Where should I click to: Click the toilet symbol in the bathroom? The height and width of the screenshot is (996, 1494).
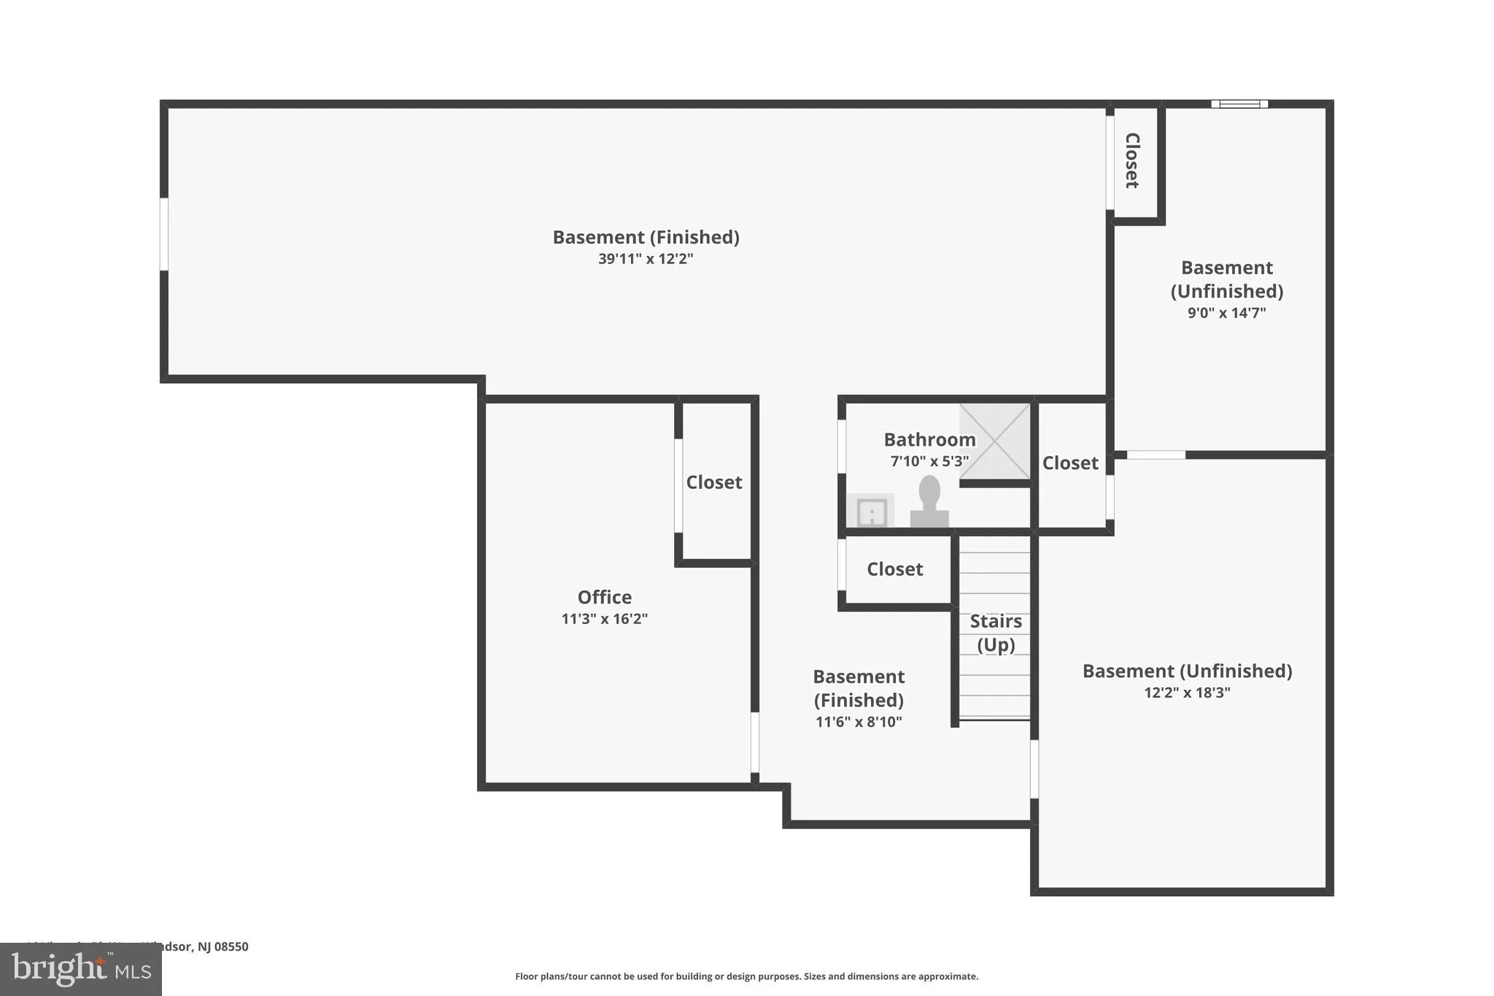(x=929, y=502)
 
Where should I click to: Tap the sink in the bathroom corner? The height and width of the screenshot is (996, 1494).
(x=871, y=511)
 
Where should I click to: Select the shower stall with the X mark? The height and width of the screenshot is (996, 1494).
(x=994, y=441)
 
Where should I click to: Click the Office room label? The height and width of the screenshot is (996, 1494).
(x=604, y=597)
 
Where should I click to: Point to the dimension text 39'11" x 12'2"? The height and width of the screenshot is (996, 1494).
(x=646, y=259)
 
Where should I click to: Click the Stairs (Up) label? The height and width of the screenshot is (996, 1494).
(x=996, y=633)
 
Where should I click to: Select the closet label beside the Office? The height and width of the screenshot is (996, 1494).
(x=713, y=482)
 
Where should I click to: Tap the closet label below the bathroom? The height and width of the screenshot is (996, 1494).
(x=894, y=569)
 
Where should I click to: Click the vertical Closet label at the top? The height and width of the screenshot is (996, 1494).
(x=1132, y=161)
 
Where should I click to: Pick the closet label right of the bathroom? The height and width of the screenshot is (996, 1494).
(x=1069, y=463)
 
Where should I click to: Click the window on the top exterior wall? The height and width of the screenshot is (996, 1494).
(x=1239, y=104)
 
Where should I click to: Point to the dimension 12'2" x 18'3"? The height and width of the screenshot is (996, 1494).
(x=1187, y=692)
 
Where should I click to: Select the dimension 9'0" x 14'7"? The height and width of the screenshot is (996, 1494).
(x=1226, y=313)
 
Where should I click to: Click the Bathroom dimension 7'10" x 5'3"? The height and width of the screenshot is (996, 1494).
(x=929, y=461)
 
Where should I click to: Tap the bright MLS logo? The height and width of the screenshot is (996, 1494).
(x=80, y=969)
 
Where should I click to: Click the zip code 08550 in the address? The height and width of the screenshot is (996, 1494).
(x=231, y=946)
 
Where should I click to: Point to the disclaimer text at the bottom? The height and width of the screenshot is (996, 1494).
(x=746, y=976)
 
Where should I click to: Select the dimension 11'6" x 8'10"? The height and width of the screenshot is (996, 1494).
(x=859, y=722)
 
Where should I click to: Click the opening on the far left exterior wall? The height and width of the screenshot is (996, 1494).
(x=164, y=234)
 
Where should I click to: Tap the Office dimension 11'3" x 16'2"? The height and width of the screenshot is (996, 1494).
(x=604, y=619)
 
